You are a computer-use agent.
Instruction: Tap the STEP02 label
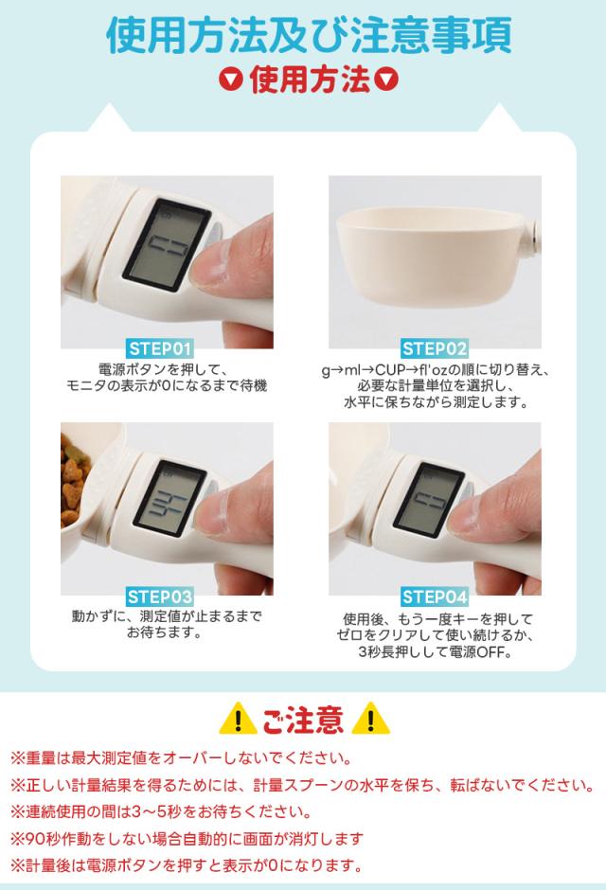435,348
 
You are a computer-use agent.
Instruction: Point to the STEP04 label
435,596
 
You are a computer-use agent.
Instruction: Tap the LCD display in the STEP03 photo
167,497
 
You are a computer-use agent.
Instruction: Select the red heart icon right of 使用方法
388,82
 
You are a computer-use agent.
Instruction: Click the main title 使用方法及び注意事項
309,35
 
